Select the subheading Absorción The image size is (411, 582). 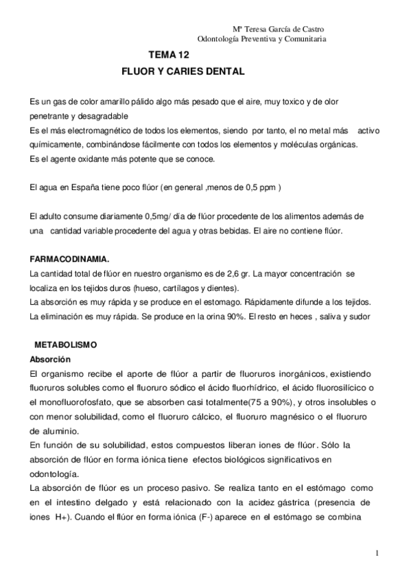[x=51, y=359]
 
